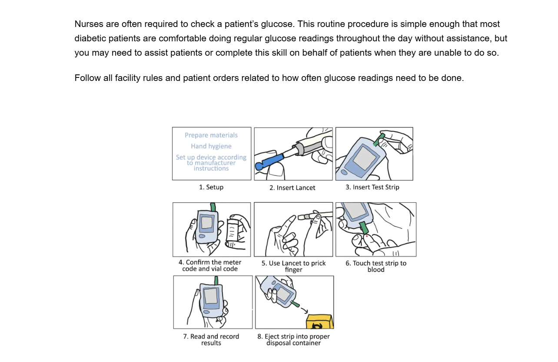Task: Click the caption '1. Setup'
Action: (x=211, y=187)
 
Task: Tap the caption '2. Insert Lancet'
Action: (x=292, y=188)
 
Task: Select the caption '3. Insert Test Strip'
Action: (x=372, y=187)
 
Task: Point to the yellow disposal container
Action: (x=319, y=322)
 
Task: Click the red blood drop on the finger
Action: (x=367, y=236)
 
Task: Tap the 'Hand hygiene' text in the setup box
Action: (x=211, y=146)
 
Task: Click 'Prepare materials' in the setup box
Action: (x=211, y=135)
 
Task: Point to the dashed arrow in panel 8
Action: (x=302, y=308)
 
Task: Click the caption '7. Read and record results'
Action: (x=211, y=340)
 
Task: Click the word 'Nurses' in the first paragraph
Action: (x=89, y=24)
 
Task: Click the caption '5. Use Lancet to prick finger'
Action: (x=294, y=266)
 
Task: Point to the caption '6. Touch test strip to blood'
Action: (x=376, y=266)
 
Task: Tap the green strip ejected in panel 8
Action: (x=295, y=303)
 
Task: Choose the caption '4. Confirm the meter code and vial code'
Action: (x=210, y=265)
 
